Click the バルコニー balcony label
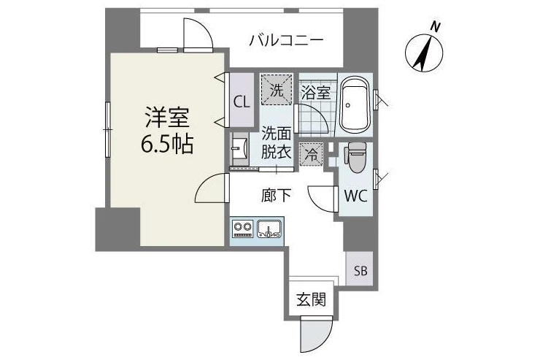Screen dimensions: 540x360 [x=287, y=40]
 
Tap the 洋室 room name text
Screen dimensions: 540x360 [x=167, y=118]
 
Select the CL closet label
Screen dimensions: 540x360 [x=242, y=102]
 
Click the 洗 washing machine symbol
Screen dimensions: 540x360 [x=277, y=90]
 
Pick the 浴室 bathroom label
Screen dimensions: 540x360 [x=316, y=92]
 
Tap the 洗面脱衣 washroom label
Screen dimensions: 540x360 [x=276, y=142]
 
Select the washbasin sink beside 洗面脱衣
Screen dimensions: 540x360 [x=240, y=149]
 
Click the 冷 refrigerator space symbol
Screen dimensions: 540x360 [x=311, y=154]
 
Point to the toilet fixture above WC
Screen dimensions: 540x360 [x=356, y=157]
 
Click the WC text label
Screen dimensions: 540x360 [x=356, y=196]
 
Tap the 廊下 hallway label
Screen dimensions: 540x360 [x=276, y=196]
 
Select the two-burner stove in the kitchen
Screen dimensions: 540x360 [x=243, y=229]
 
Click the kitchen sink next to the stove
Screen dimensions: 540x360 [x=269, y=229]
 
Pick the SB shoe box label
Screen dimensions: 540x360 [x=361, y=271]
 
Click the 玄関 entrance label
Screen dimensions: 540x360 [x=312, y=299]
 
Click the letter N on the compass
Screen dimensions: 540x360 [x=436, y=27]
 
